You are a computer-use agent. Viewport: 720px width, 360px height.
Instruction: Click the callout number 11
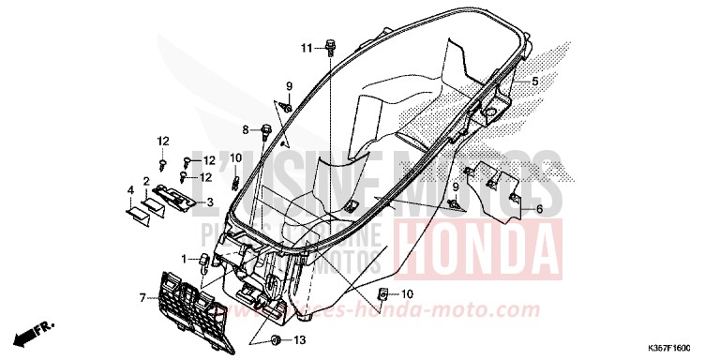pyautogui.click(x=307, y=48)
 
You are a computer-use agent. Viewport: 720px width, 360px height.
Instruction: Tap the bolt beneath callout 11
pyautogui.click(x=332, y=44)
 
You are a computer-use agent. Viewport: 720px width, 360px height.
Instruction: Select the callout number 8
pyautogui.click(x=246, y=129)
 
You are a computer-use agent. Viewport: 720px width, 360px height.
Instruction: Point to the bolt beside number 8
pyautogui.click(x=266, y=128)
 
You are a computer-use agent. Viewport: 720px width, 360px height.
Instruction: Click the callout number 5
pyautogui.click(x=534, y=82)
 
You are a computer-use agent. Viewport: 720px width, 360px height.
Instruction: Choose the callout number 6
pyautogui.click(x=539, y=209)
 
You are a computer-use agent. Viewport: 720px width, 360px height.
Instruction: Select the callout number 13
pyautogui.click(x=300, y=338)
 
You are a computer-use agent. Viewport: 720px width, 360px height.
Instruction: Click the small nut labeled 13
pyautogui.click(x=276, y=337)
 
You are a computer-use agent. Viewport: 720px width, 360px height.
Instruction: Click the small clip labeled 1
pyautogui.click(x=203, y=256)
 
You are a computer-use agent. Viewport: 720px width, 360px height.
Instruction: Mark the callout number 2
pyautogui.click(x=146, y=180)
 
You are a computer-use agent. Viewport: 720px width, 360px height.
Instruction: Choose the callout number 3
pyautogui.click(x=210, y=201)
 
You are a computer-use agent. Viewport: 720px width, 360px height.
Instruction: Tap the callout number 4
pyautogui.click(x=129, y=191)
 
